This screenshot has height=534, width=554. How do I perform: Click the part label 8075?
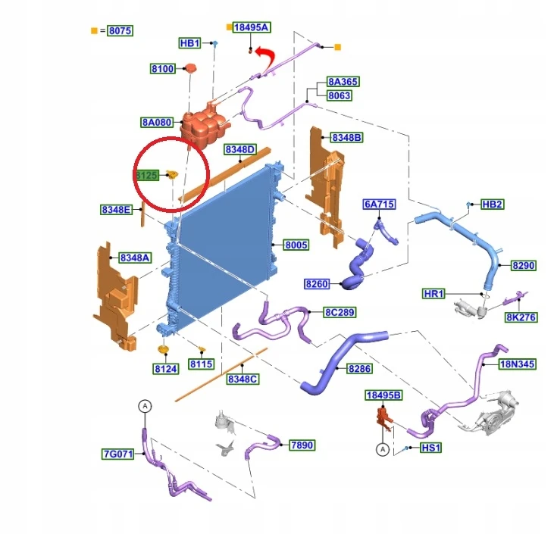pos(121,31)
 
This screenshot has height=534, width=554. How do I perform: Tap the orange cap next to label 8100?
pos(190,68)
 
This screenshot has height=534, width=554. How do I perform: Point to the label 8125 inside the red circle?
pos(147,175)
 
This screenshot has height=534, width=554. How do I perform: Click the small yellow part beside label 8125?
pos(173,174)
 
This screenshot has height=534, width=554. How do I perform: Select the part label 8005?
pos(296,245)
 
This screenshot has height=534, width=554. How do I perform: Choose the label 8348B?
pos(346,137)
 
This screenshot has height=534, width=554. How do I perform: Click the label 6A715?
pos(379,205)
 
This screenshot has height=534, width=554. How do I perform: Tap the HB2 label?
pos(492,205)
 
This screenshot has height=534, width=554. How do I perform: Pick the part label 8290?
pos(523,265)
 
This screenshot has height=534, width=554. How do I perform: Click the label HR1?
pos(433,293)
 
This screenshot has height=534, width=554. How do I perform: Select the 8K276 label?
pos(521,317)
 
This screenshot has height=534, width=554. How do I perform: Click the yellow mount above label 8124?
pos(163,350)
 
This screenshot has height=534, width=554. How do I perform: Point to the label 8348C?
pos(243,379)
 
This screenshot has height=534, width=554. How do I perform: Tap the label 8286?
pos(359,368)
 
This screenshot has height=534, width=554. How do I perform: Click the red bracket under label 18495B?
pos(383,418)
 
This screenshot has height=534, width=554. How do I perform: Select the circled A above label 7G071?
pos(145,406)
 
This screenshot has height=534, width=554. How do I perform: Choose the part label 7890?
pos(302,445)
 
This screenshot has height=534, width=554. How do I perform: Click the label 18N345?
pos(518,364)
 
